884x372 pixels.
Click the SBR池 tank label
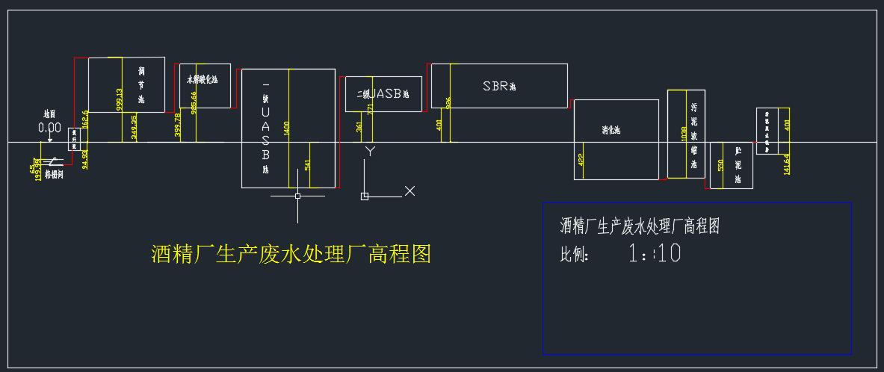[498, 86]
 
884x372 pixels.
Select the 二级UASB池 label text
[383, 94]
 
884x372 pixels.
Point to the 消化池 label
[611, 130]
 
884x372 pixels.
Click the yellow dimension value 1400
[287, 128]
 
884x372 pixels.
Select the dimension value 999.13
[120, 99]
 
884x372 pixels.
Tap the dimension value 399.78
[177, 125]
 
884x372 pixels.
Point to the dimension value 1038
[684, 134]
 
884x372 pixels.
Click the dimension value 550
[720, 165]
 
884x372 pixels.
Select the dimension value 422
[581, 158]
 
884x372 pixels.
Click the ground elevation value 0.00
[49, 128]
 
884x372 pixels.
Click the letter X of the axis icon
[409, 191]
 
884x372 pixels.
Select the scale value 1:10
[655, 254]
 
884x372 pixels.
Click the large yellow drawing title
[291, 254]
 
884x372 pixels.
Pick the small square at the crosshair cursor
[297, 196]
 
